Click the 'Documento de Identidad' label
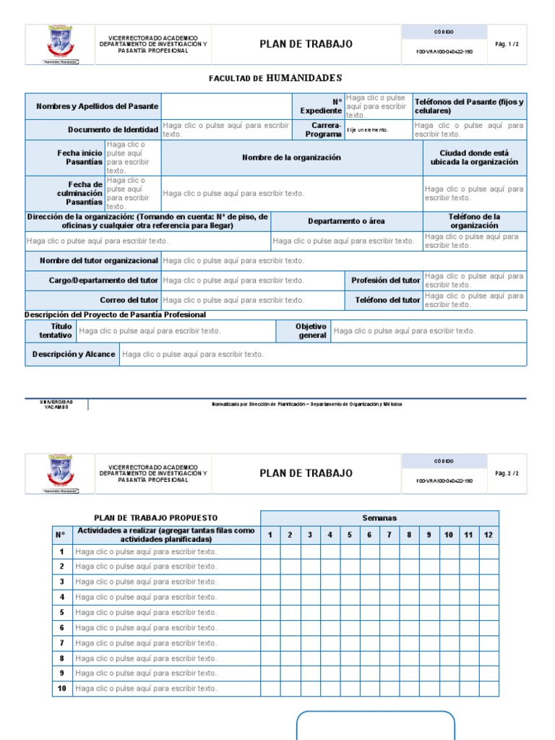pyautogui.click(x=113, y=130)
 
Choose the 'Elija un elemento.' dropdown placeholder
pyautogui.click(x=368, y=130)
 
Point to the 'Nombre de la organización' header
pyautogui.click(x=291, y=158)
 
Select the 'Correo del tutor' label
pyautogui.click(x=129, y=300)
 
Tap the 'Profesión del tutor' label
pyautogui.click(x=385, y=280)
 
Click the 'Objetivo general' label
pyautogui.click(x=311, y=331)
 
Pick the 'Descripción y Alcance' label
pyautogui.click(x=74, y=354)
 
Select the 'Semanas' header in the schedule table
pyautogui.click(x=379, y=518)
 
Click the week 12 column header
pyautogui.click(x=489, y=535)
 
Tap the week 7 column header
pyautogui.click(x=389, y=535)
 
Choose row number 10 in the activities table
pyautogui.click(x=62, y=689)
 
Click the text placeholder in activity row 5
pyautogui.click(x=146, y=612)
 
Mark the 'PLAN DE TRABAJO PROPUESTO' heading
pyautogui.click(x=156, y=518)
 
